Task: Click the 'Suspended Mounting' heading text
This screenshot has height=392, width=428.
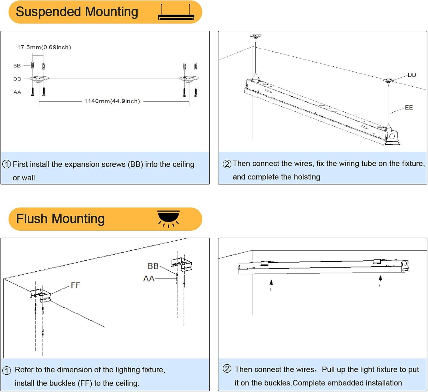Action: tap(77, 12)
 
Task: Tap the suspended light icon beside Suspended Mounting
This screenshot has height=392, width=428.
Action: tap(176, 13)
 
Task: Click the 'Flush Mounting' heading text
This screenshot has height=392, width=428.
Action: tap(60, 219)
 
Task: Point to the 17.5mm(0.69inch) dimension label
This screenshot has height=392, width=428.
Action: tap(44, 47)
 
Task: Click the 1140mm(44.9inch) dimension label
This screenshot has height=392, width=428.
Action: tap(112, 101)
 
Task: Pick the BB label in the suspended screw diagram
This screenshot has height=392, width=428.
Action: tap(17, 66)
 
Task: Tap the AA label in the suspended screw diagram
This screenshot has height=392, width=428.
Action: tap(17, 92)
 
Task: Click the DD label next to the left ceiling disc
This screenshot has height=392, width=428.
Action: tap(17, 79)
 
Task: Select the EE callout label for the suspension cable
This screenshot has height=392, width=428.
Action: tap(409, 107)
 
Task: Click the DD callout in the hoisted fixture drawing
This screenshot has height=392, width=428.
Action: tap(412, 75)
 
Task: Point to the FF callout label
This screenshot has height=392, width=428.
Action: tap(75, 285)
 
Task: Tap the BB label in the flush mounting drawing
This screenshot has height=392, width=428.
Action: tap(153, 266)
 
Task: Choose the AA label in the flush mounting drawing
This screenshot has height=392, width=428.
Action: tap(149, 279)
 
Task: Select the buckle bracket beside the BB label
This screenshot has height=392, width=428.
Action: tap(182, 264)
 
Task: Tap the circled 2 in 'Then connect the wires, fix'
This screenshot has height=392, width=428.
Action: tap(227, 164)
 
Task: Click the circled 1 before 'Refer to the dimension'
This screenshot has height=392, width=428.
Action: tap(7, 370)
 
